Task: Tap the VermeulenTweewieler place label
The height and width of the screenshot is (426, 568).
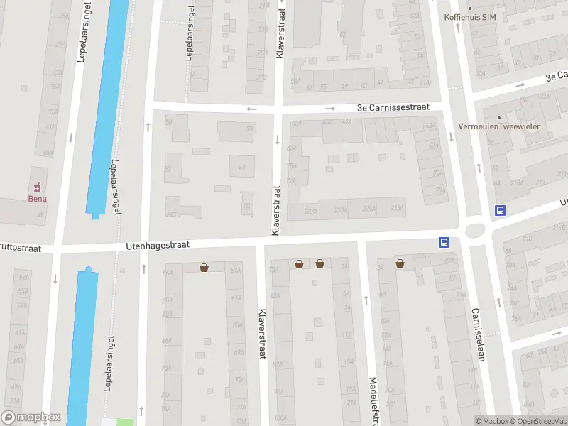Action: [520, 126]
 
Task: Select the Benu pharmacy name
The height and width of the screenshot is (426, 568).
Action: [37, 198]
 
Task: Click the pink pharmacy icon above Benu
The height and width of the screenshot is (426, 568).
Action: [37, 187]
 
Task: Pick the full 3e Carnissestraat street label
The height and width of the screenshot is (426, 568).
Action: [393, 108]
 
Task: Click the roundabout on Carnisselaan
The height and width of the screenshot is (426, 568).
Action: [474, 230]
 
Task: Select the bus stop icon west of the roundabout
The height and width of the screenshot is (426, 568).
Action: [444, 242]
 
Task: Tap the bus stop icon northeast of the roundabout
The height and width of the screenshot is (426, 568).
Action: [500, 210]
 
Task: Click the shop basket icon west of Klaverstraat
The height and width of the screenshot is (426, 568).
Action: [204, 267]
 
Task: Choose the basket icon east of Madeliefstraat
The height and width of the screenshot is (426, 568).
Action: [401, 263]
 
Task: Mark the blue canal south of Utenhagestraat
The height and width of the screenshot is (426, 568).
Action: [82, 341]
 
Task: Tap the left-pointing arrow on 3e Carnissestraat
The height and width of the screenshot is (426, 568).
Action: [251, 109]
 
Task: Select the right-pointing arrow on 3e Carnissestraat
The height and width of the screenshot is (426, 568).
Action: [330, 109]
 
